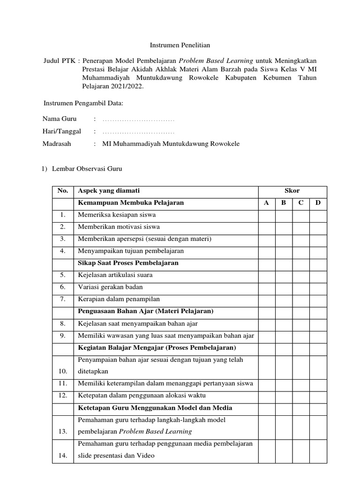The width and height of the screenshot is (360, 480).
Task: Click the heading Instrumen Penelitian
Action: [x=180, y=45]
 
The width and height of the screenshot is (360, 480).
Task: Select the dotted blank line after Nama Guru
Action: [x=138, y=120]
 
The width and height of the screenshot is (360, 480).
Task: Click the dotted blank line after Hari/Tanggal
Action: [x=138, y=132]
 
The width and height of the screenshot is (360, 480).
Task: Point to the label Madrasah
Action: [x=57, y=144]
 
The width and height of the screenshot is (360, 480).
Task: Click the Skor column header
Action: [x=292, y=191]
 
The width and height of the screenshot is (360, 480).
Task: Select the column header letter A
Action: [x=266, y=203]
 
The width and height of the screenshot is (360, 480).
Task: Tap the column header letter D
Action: [x=318, y=203]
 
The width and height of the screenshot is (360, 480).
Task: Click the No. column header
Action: [x=63, y=191]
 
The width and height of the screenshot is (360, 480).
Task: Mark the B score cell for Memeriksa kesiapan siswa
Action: [x=283, y=215]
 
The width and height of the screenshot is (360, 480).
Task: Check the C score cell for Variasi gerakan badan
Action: [x=300, y=287]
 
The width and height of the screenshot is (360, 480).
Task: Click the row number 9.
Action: [x=63, y=336]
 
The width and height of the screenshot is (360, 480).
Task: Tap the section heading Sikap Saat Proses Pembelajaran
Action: [x=128, y=263]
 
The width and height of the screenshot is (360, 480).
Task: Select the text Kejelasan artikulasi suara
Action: [x=115, y=275]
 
